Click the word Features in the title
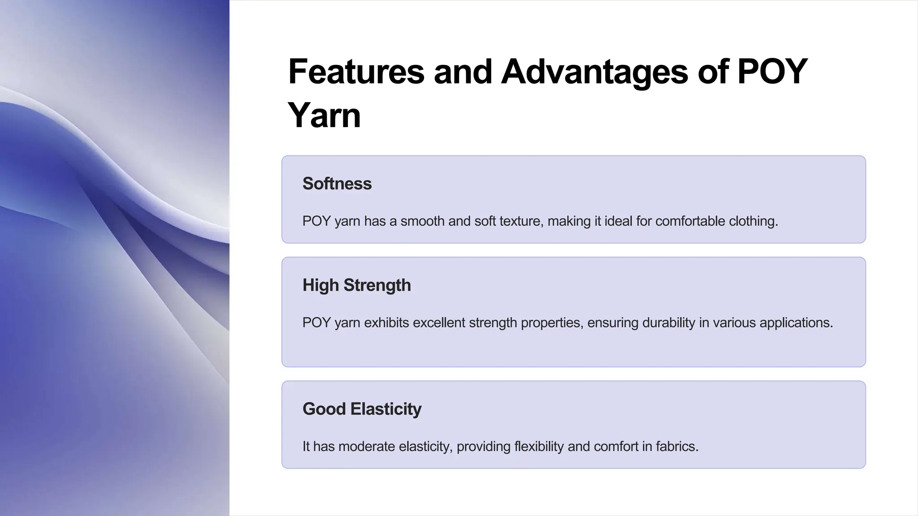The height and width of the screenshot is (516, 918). pyautogui.click(x=356, y=72)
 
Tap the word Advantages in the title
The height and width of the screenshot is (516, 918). pyautogui.click(x=594, y=72)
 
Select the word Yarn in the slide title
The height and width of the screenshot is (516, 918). pyautogui.click(x=324, y=115)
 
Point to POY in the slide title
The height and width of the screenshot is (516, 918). pyautogui.click(x=772, y=72)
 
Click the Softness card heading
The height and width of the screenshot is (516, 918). pyautogui.click(x=337, y=184)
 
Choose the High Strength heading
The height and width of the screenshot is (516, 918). pyautogui.click(x=356, y=285)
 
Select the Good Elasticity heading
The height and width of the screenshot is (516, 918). pyautogui.click(x=362, y=409)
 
